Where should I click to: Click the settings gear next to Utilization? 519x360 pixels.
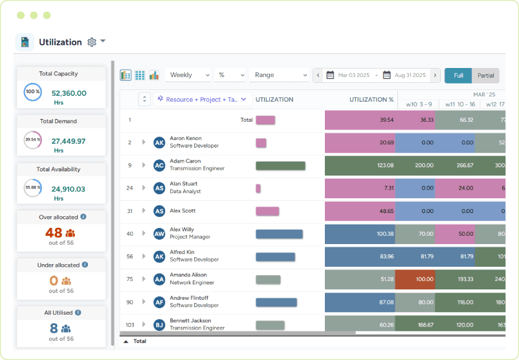[x=92, y=42]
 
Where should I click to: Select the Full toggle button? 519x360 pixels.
[x=458, y=75]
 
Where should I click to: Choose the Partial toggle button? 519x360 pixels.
[x=485, y=75]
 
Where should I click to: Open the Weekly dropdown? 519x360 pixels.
[x=188, y=75]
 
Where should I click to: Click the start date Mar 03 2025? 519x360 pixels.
[x=353, y=75]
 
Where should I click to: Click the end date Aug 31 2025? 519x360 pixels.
[x=410, y=75]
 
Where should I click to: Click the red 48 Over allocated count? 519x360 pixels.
[x=54, y=233]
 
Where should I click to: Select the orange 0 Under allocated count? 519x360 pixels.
[x=54, y=281]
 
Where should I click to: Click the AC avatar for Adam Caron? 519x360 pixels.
[x=159, y=165]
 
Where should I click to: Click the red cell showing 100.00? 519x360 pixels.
[x=415, y=279]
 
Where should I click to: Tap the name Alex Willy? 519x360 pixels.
[x=182, y=229]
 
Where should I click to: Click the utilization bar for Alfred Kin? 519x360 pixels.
[x=275, y=256]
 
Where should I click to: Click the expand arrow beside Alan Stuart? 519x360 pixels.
[x=144, y=188]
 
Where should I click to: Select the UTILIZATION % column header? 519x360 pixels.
[x=371, y=100]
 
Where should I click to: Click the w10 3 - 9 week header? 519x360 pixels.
[x=419, y=104]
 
